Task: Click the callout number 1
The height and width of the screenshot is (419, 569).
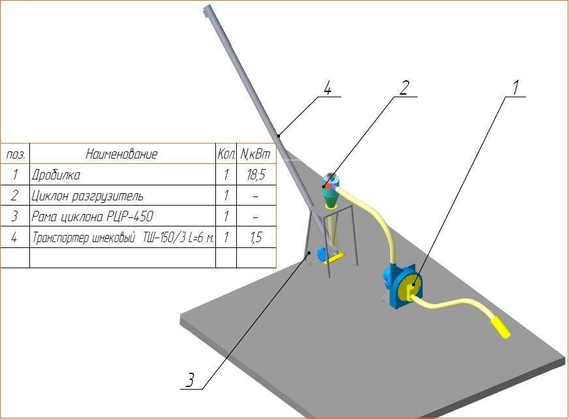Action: click(515, 87)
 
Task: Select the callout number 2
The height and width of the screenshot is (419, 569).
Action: click(404, 87)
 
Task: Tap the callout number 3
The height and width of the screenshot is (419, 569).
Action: click(190, 380)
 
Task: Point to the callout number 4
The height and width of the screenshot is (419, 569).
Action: click(328, 87)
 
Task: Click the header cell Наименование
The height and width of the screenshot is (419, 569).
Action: click(122, 155)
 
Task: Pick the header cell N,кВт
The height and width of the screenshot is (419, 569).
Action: click(255, 155)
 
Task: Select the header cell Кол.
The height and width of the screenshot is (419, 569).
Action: click(226, 155)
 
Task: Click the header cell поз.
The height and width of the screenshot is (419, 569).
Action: click(15, 155)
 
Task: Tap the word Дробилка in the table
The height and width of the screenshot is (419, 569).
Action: click(56, 176)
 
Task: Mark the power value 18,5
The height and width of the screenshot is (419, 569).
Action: click(255, 176)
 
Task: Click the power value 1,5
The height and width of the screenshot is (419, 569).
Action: click(255, 237)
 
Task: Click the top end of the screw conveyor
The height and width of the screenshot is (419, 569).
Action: click(208, 11)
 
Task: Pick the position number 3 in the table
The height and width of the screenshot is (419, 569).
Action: click(15, 217)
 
